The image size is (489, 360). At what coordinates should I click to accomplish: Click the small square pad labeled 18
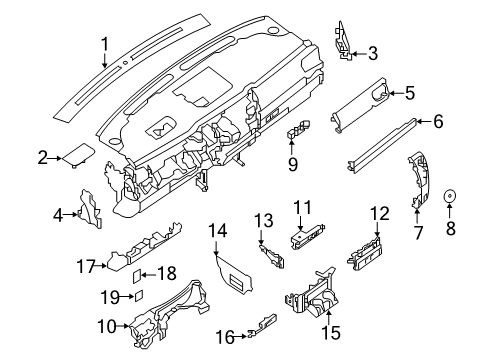(140, 274)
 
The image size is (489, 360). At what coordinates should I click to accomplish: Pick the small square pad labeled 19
(142, 295)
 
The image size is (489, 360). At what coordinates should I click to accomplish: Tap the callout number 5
(409, 94)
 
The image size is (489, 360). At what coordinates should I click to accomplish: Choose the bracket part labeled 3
(344, 39)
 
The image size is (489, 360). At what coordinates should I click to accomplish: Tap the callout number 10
(103, 325)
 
